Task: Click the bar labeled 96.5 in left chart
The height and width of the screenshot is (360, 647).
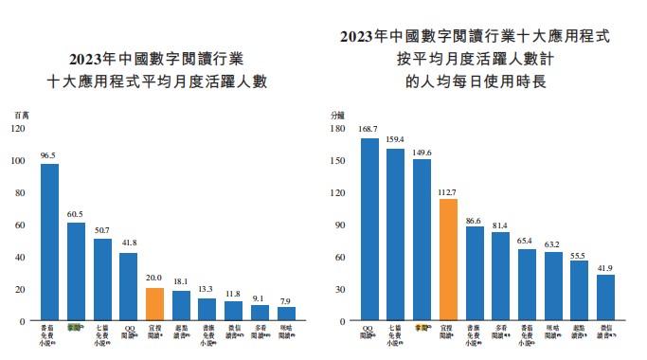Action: [49, 243]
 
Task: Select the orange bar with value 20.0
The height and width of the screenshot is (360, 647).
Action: [155, 304]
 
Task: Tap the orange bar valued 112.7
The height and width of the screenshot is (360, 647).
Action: [448, 261]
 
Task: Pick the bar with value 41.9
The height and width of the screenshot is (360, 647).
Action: [605, 298]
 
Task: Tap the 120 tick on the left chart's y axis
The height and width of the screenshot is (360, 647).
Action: [19, 129]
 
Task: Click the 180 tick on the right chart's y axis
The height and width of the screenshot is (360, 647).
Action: [337, 129]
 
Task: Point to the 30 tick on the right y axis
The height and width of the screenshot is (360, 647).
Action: [339, 290]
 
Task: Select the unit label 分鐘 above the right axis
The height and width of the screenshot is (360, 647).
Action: [338, 114]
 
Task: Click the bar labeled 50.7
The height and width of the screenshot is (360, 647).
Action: [102, 279]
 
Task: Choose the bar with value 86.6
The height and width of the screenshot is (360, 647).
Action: [475, 275]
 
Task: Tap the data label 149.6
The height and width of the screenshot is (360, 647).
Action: [422, 152]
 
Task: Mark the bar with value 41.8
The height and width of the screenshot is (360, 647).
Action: [129, 287]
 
